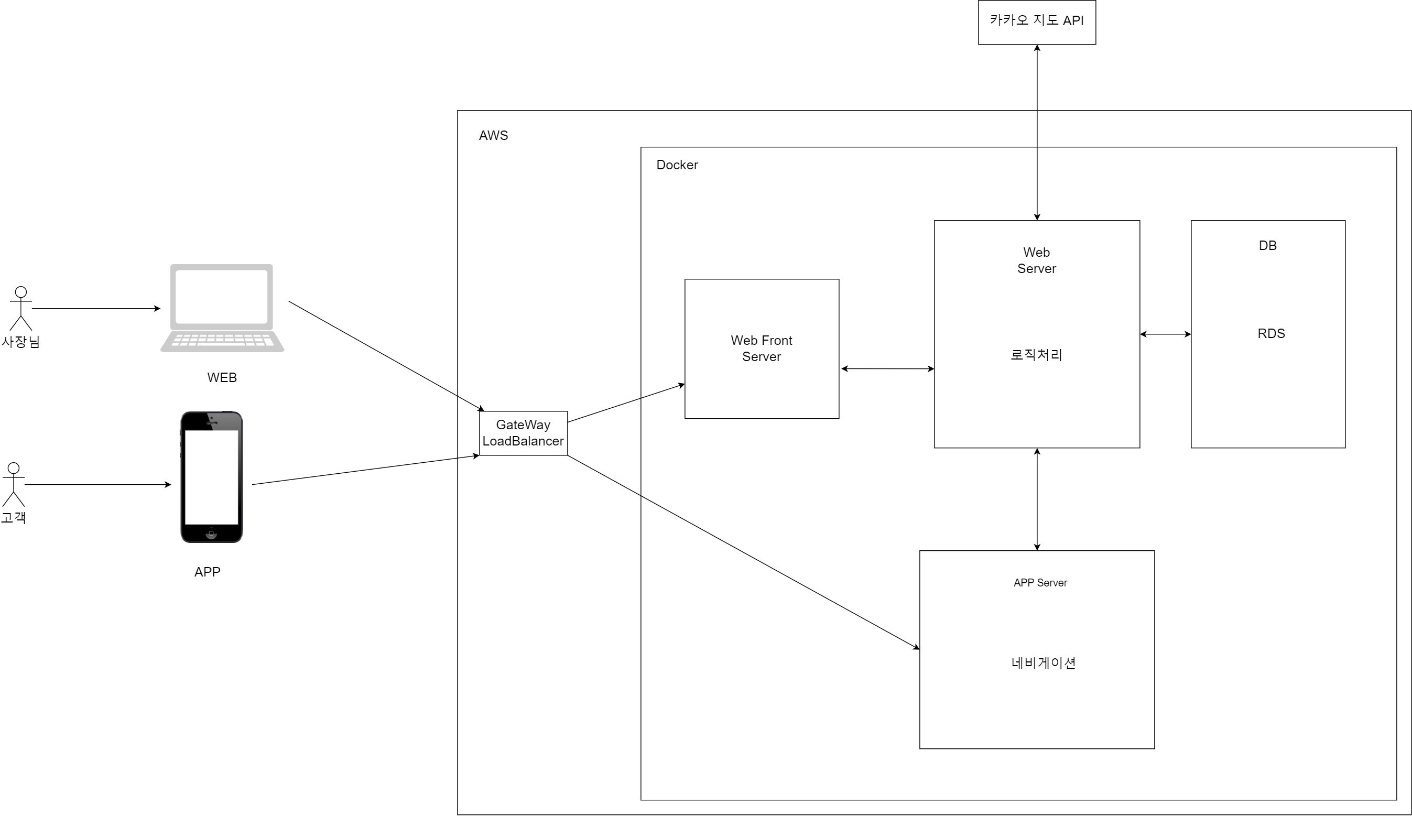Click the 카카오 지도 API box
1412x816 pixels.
tap(1037, 22)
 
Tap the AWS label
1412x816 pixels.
tap(493, 136)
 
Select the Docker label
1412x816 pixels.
tap(677, 165)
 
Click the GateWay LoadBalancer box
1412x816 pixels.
tap(523, 433)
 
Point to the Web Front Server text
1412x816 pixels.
tap(762, 349)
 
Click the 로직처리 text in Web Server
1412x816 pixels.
tap(1036, 355)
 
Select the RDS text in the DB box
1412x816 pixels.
tap(1271, 334)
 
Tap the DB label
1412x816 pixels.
tap(1267, 245)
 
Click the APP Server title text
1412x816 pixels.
tap(1040, 583)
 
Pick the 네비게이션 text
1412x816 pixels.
tap(1044, 663)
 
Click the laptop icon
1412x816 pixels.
tap(222, 308)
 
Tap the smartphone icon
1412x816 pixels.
tap(211, 477)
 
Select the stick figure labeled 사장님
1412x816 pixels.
tap(21, 308)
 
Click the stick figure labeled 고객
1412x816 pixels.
tap(14, 484)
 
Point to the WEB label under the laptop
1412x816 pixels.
tap(222, 378)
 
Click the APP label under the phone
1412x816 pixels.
tap(208, 572)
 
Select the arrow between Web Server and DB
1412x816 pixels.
tap(1166, 334)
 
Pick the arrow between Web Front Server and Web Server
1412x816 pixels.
tap(887, 369)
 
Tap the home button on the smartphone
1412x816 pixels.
tap(211, 534)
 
